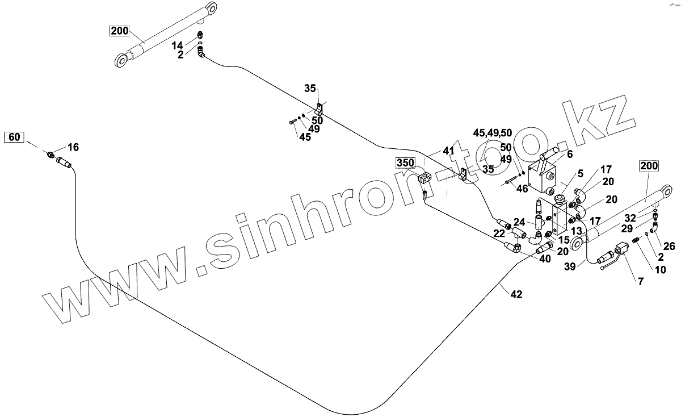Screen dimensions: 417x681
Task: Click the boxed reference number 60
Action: [15, 137]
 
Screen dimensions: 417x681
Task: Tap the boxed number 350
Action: [406, 163]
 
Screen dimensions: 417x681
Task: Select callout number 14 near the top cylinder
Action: [178, 45]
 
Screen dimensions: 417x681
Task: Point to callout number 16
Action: [73, 147]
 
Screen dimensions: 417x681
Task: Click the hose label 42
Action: [516, 294]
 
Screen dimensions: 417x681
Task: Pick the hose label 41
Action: [449, 151]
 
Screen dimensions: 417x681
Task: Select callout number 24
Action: [519, 222]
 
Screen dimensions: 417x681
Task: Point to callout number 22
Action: [498, 233]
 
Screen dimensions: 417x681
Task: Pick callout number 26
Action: [669, 246]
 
